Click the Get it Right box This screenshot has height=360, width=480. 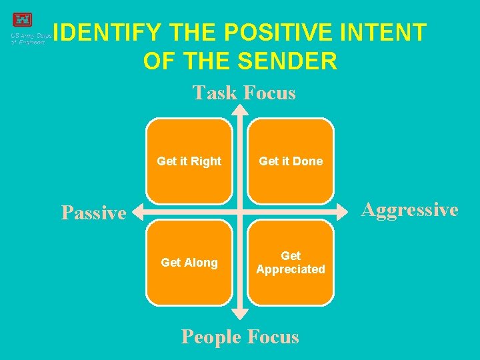click(x=189, y=161)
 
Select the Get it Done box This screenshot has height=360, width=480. click(x=291, y=161)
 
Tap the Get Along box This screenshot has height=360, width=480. click(x=189, y=263)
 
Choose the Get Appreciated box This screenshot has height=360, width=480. click(x=291, y=263)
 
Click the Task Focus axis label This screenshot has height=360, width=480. click(x=244, y=93)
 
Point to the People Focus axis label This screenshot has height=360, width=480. click(x=240, y=337)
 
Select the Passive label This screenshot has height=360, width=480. click(x=93, y=213)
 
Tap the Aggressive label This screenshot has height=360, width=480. click(x=409, y=210)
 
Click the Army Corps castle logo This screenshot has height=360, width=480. click(x=22, y=21)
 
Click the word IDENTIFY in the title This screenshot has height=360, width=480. click(x=107, y=33)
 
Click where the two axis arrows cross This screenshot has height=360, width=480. click(x=240, y=213)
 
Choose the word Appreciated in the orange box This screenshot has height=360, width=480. click(x=291, y=269)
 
